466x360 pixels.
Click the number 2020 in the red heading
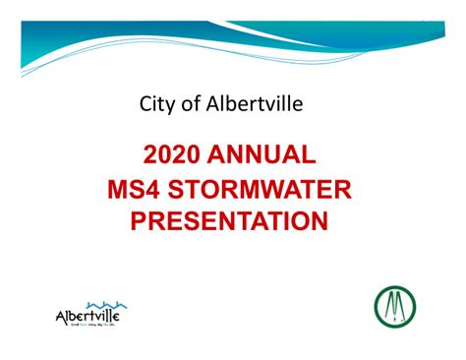[176, 154]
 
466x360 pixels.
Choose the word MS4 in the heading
[136, 188]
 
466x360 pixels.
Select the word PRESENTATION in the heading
[229, 220]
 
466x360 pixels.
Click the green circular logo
[395, 308]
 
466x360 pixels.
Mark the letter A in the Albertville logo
[63, 317]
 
